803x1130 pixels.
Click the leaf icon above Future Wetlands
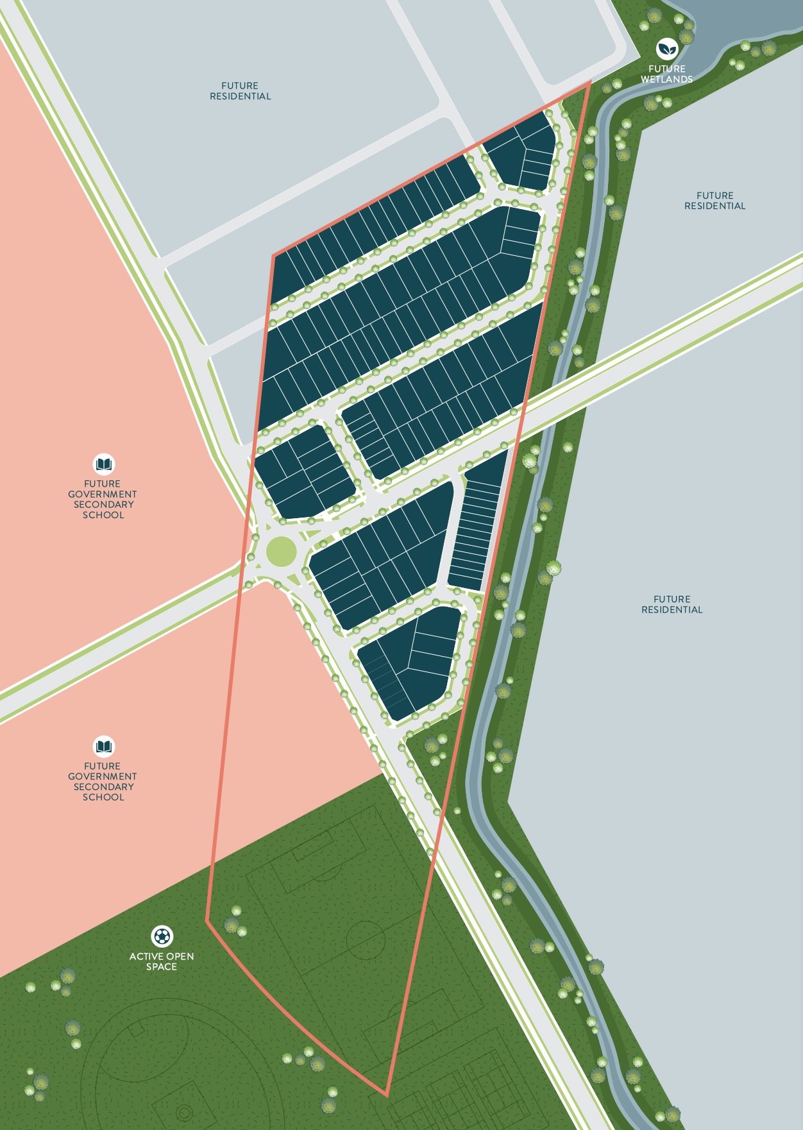667,48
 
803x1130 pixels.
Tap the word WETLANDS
666,80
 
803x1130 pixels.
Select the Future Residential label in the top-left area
241,91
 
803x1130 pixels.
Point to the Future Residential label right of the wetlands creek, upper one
714,201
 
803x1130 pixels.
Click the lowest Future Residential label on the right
672,604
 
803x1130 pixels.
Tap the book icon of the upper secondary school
103,463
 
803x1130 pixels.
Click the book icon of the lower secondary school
103,745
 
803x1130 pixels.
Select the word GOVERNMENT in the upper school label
103,494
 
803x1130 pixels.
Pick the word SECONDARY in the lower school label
103,787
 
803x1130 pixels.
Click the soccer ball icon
162,936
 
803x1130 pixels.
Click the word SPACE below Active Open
161,966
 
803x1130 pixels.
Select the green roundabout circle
281,552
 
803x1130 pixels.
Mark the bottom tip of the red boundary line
387,1095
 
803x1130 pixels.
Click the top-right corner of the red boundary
589,83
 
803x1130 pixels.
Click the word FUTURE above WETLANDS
666,69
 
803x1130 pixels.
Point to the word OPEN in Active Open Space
180,956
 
